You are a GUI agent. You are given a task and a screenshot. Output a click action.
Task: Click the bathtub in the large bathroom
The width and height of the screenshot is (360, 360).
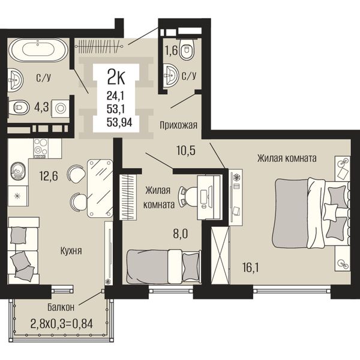(38, 50)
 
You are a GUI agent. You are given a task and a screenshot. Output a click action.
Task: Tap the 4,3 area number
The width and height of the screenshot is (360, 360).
(42, 107)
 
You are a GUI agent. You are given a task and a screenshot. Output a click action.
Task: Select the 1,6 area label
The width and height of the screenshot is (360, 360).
(172, 50)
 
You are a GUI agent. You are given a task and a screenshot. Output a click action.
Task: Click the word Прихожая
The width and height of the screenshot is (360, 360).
(178, 125)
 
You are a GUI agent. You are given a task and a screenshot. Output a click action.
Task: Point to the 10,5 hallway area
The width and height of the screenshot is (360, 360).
(186, 151)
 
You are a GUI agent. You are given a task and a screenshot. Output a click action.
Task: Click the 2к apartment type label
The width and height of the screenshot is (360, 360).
(116, 77)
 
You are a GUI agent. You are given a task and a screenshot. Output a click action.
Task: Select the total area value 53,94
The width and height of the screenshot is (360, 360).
(119, 122)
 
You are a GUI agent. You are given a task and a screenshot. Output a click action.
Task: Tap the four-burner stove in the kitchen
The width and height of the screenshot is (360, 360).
(41, 148)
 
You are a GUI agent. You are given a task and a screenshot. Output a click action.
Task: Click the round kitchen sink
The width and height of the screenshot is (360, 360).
(18, 171)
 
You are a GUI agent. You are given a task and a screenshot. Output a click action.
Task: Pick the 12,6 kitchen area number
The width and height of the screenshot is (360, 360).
(49, 176)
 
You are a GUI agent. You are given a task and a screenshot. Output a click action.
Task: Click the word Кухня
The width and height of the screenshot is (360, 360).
(71, 251)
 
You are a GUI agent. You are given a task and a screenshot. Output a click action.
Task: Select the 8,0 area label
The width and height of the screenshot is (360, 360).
(181, 234)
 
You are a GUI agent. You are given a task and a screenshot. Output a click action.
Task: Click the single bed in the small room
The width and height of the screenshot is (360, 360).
(163, 267)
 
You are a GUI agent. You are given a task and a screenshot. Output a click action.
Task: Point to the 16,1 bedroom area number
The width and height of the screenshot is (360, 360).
(250, 268)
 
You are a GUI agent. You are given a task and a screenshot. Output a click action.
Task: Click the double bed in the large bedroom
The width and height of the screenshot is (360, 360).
(311, 213)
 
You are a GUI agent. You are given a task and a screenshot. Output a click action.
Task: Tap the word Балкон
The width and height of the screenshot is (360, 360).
(61, 307)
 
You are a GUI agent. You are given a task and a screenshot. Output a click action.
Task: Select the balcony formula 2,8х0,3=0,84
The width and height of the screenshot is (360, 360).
(62, 324)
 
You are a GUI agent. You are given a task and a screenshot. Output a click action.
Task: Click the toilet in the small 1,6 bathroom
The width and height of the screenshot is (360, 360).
(186, 49)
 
